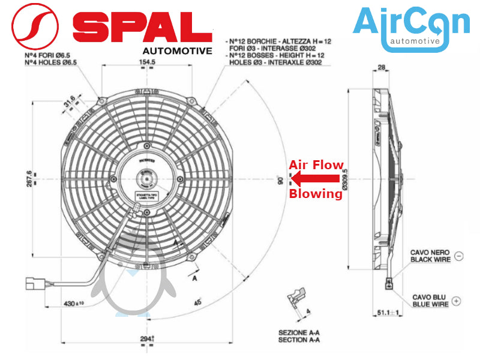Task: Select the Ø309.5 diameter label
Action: pos(344,178)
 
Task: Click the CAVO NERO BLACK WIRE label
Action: pos(429,256)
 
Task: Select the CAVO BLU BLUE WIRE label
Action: pos(430,301)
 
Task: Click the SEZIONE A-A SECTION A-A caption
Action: pos(299,336)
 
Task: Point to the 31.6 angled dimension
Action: pos(71,98)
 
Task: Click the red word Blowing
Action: pos(316,194)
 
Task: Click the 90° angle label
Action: pos(280,179)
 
